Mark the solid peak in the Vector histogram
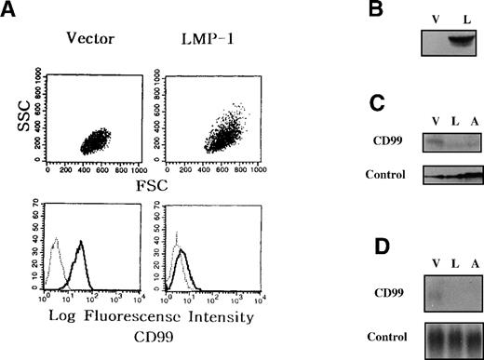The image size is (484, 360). pyautogui.click(x=81, y=243)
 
